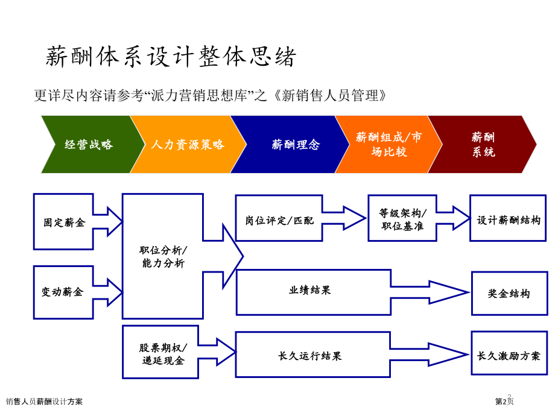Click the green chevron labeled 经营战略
click(89, 145)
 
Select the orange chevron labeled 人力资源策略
click(187, 145)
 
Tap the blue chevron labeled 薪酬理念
click(295, 145)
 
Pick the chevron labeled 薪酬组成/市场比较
click(388, 145)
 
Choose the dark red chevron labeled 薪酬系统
click(483, 145)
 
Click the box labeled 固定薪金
click(63, 222)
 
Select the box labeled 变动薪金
click(63, 292)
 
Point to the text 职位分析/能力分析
click(163, 257)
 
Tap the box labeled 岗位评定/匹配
click(279, 219)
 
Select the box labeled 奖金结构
click(509, 294)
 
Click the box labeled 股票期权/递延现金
click(161, 354)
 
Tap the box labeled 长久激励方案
click(509, 355)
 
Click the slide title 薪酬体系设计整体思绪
click(171, 57)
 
